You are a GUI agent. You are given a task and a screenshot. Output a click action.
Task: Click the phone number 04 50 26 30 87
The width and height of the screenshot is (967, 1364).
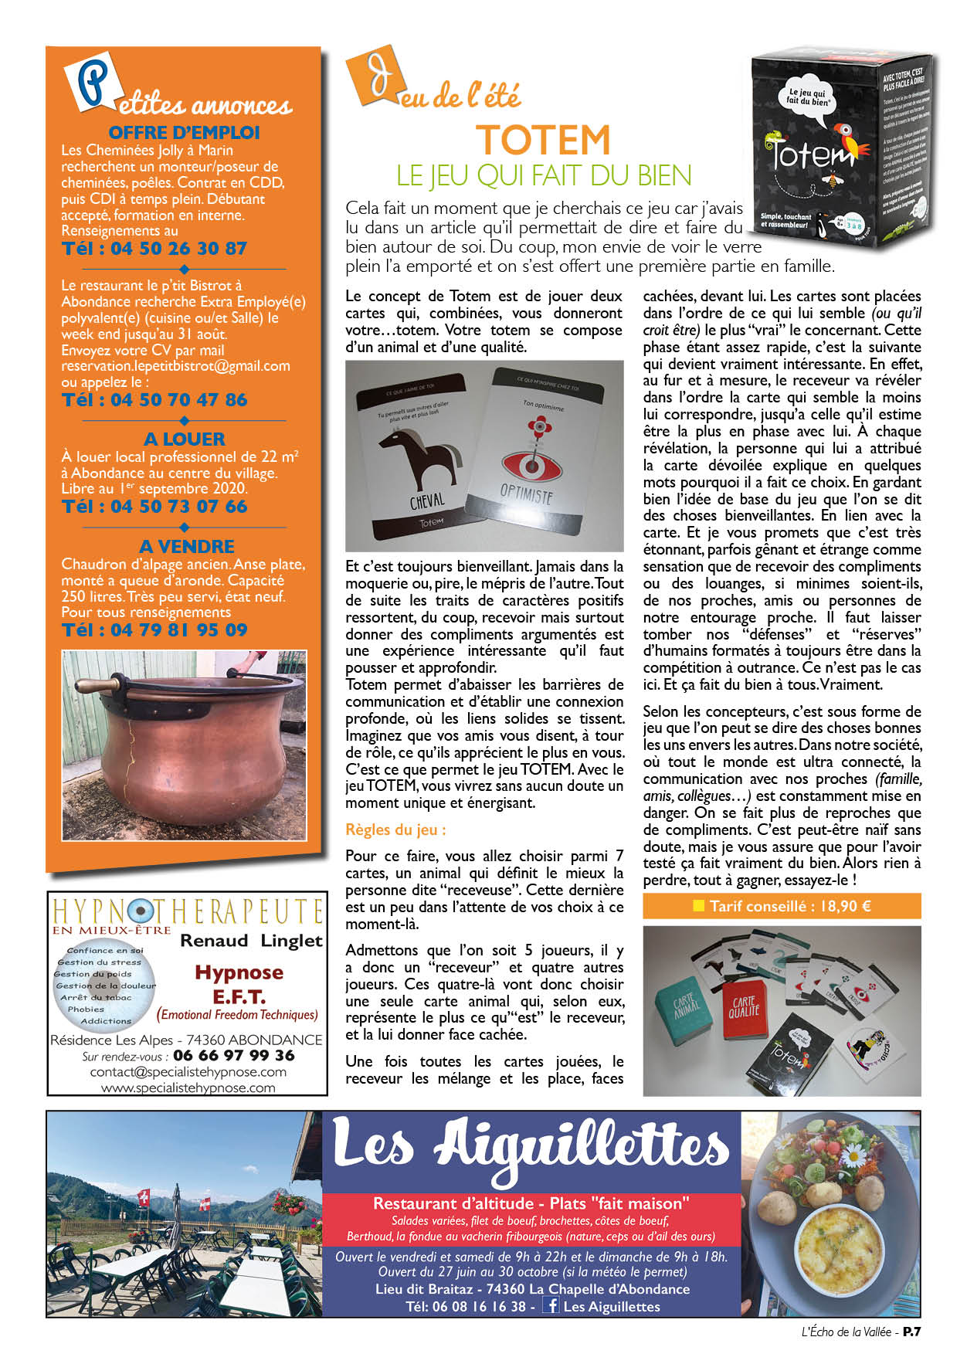(x=154, y=249)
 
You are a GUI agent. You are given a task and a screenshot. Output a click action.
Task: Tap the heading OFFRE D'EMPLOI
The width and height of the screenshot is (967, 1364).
(x=184, y=133)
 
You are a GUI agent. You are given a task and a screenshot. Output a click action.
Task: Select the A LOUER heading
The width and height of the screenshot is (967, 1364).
(x=184, y=439)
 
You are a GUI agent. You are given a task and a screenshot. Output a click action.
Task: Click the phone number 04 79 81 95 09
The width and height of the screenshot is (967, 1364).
(x=154, y=630)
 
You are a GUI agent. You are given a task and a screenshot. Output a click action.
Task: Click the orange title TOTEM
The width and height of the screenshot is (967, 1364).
(x=544, y=141)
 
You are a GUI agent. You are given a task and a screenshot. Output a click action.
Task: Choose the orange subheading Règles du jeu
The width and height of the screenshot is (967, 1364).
(x=395, y=830)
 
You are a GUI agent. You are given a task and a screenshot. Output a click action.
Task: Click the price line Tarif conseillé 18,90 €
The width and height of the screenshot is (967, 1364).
(x=782, y=906)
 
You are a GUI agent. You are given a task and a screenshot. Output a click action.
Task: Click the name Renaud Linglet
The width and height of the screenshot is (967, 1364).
(x=251, y=941)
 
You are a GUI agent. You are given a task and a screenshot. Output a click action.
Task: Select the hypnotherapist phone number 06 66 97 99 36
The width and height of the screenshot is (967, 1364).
(x=233, y=1055)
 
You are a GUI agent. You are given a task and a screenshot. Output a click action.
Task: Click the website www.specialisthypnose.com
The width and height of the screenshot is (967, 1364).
(x=188, y=1087)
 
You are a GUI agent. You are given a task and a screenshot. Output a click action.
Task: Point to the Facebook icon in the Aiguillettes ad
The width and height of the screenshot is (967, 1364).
(x=551, y=1305)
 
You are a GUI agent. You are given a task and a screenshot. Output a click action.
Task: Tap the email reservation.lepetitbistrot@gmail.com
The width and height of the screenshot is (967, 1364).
(x=175, y=366)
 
